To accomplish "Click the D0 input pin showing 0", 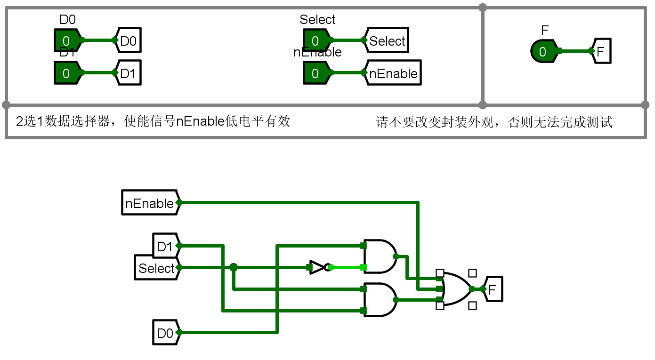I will pyautogui.click(x=66, y=40).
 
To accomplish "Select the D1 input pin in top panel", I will pyautogui.click(x=66, y=73).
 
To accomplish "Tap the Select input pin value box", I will pyautogui.click(x=315, y=40).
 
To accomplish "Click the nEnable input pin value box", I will pyautogui.click(x=315, y=73).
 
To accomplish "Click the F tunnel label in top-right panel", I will pyautogui.click(x=602, y=51).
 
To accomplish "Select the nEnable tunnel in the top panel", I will pyautogui.click(x=392, y=73).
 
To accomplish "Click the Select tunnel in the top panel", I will pyautogui.click(x=387, y=40).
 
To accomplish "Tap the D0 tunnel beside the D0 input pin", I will pyautogui.click(x=128, y=40).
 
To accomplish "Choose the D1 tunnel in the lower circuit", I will pyautogui.click(x=165, y=246).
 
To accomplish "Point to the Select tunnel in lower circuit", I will pyautogui.click(x=157, y=268).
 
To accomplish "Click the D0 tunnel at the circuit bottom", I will pyautogui.click(x=165, y=333).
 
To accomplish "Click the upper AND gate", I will pyautogui.click(x=380, y=256).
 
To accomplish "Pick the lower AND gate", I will pyautogui.click(x=380, y=300).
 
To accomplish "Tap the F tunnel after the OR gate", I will pyautogui.click(x=493, y=289).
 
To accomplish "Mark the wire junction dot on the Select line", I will pyautogui.click(x=234, y=267).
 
